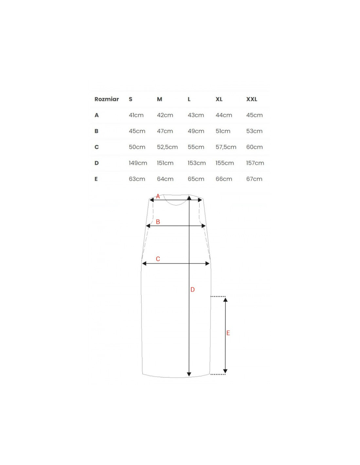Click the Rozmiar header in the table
(106, 99)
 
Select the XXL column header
(252, 99)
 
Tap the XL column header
(219, 99)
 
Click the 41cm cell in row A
(136, 115)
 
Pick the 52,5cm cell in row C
(167, 147)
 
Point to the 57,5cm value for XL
(226, 147)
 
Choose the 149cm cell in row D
(138, 163)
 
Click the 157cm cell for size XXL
(255, 163)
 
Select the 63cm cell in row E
(137, 179)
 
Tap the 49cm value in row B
(196, 131)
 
